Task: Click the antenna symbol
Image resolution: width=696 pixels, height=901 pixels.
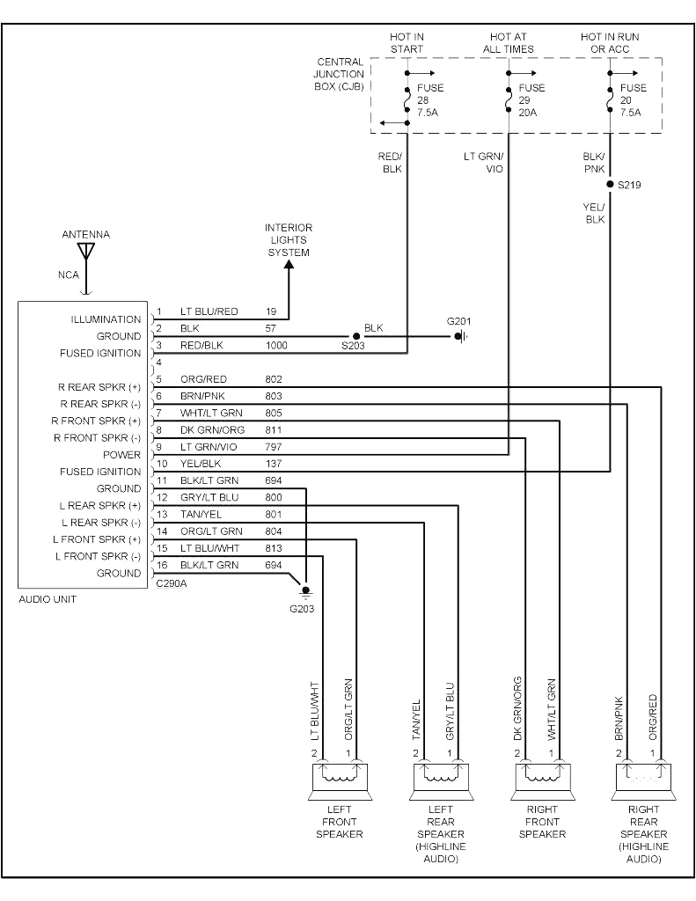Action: coord(85,251)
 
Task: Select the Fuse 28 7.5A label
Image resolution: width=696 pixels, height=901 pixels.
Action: coord(430,100)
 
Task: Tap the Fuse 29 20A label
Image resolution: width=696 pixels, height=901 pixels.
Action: coord(531,100)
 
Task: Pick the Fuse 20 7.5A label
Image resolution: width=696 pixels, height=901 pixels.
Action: coord(633,100)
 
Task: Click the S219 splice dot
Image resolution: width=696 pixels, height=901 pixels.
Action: coord(610,185)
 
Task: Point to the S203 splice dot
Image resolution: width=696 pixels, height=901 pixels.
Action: coord(356,336)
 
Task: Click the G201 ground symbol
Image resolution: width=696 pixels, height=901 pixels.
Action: coord(459,336)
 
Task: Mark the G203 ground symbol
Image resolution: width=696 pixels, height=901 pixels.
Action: coord(305,590)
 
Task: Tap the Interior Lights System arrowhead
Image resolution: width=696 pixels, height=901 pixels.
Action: coord(289,268)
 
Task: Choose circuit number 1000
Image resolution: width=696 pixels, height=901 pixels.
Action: coord(277,346)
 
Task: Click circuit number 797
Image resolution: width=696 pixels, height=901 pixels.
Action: coord(274,446)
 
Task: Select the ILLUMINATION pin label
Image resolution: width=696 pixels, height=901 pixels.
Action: coord(106,319)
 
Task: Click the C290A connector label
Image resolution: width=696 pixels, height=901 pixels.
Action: coord(171,582)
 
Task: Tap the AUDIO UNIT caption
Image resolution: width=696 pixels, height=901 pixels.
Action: coord(48,599)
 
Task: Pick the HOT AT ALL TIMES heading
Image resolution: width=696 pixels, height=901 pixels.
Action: coord(508,43)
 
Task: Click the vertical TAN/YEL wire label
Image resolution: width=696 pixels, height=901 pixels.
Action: coord(416,719)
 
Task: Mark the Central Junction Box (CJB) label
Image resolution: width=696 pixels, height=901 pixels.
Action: coord(340,74)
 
